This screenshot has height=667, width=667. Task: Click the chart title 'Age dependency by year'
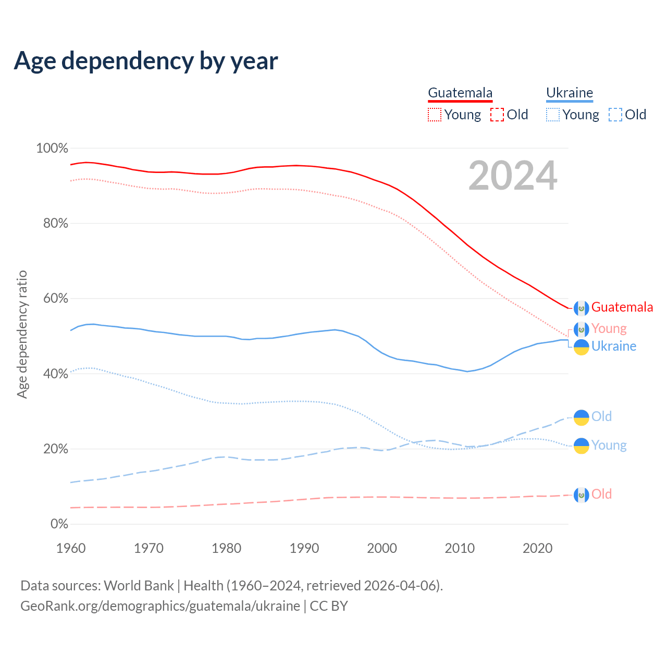(146, 61)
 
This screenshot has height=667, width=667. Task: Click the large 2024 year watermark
(513, 176)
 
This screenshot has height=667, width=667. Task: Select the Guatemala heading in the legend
(460, 93)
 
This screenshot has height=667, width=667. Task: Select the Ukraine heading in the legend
(570, 93)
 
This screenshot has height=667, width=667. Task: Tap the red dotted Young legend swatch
(434, 115)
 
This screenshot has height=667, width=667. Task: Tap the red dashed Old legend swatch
(497, 115)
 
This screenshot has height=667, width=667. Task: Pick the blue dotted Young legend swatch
(553, 115)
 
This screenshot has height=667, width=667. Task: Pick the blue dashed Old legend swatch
(615, 115)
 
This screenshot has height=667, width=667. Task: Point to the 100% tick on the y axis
(52, 149)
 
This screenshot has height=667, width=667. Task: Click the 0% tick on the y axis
(59, 524)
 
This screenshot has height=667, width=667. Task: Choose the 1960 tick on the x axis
(71, 548)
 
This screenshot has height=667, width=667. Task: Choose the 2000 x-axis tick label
(382, 548)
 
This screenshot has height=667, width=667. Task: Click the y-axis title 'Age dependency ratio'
(22, 334)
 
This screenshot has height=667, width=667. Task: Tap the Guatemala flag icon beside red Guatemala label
(582, 308)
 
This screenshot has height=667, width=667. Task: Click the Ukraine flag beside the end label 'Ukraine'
(582, 347)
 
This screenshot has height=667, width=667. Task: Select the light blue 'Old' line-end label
(601, 416)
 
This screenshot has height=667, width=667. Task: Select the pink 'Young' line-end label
(609, 328)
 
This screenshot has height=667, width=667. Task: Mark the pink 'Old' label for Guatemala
(601, 494)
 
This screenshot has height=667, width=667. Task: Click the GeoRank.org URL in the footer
(160, 606)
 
